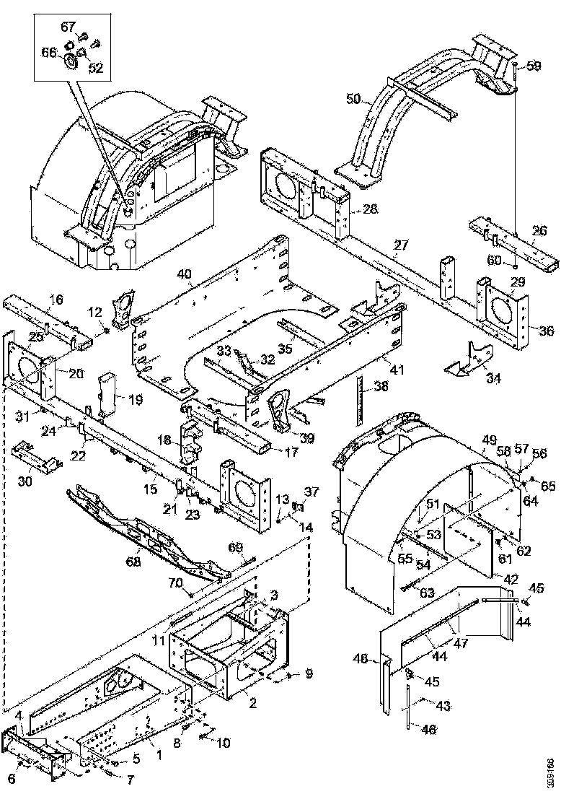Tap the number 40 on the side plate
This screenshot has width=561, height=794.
(185, 274)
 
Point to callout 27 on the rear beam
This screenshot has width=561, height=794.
(400, 245)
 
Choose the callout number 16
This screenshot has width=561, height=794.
(56, 300)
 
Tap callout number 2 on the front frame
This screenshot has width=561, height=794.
(253, 702)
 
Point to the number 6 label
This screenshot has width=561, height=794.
(11, 777)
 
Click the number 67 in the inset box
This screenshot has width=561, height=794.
(68, 27)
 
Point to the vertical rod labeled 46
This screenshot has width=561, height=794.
(409, 707)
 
